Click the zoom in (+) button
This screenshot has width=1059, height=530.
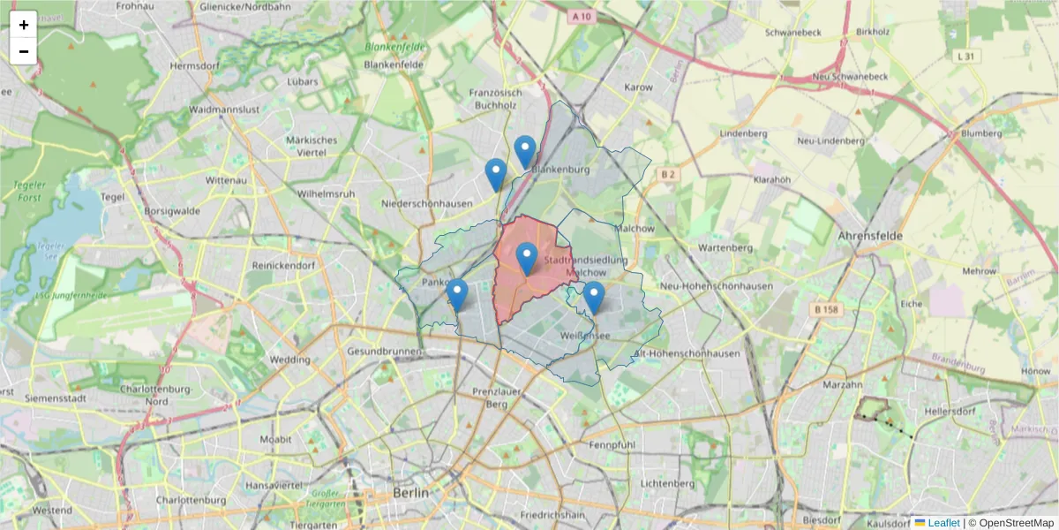pyautogui.click(x=24, y=25)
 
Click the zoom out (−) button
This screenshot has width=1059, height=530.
pyautogui.click(x=24, y=51)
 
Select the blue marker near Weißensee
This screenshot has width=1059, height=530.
pyautogui.click(x=594, y=297)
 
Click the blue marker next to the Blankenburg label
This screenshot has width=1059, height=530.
pyautogui.click(x=525, y=151)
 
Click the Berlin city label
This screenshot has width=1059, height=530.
pyautogui.click(x=411, y=493)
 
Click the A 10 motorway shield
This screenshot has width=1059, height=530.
pyautogui.click(x=580, y=16)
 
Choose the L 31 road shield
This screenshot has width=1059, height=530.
pyautogui.click(x=968, y=56)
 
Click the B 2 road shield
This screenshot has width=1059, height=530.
pyautogui.click(x=668, y=175)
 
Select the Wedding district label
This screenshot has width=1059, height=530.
pyautogui.click(x=289, y=360)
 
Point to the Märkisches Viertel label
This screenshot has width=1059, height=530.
pyautogui.click(x=312, y=146)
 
